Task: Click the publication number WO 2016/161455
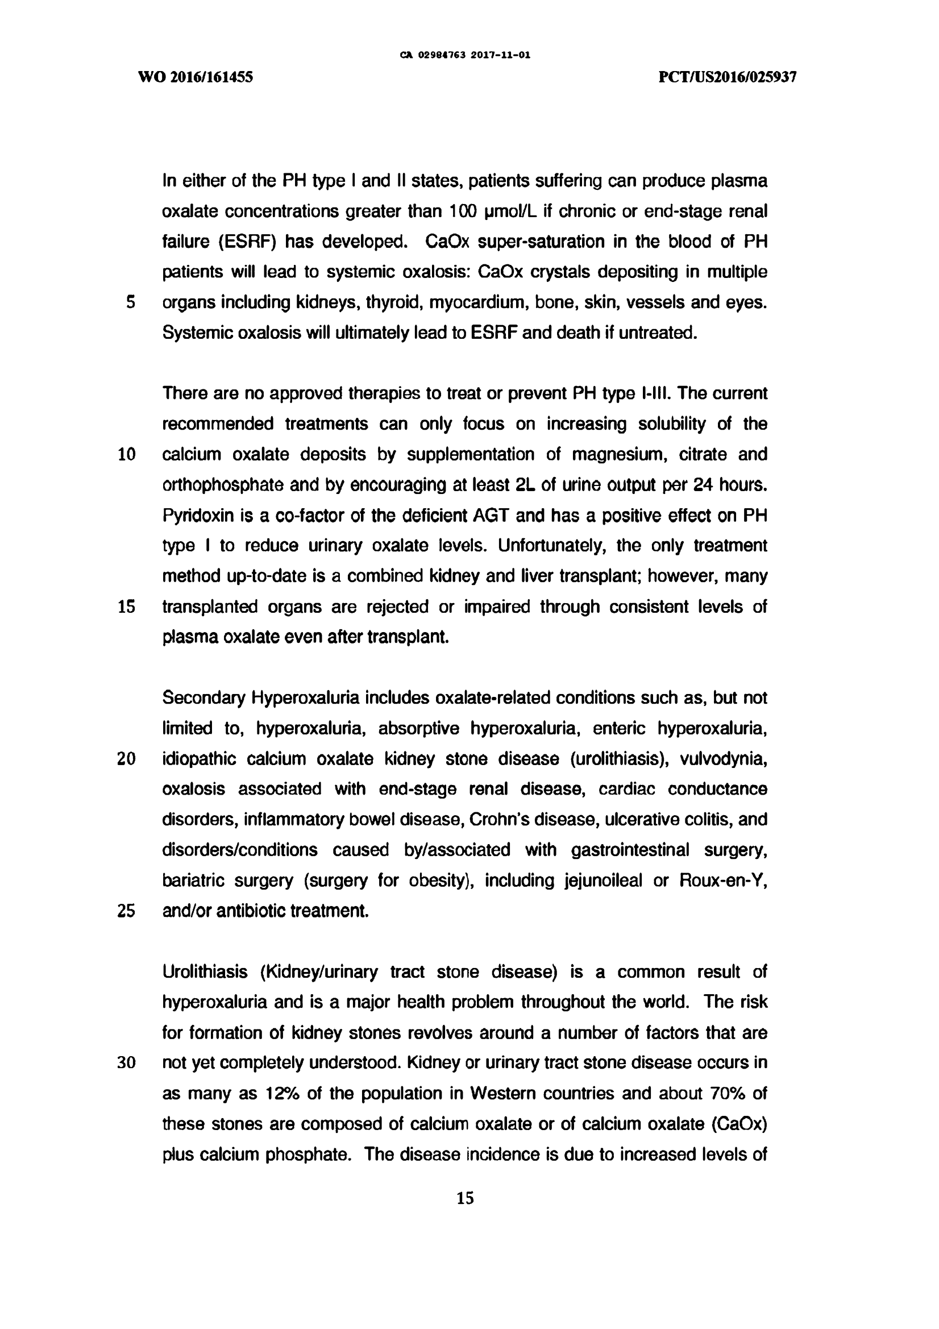tap(195, 77)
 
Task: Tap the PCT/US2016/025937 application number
tap(728, 77)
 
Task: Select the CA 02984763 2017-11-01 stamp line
tap(465, 56)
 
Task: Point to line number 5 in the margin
tap(130, 302)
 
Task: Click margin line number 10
tap(127, 454)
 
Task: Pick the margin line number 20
tap(127, 759)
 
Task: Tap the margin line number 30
tap(127, 1064)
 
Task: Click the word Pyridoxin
tap(198, 516)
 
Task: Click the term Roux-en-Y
tap(723, 881)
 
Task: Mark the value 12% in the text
tap(282, 1094)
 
